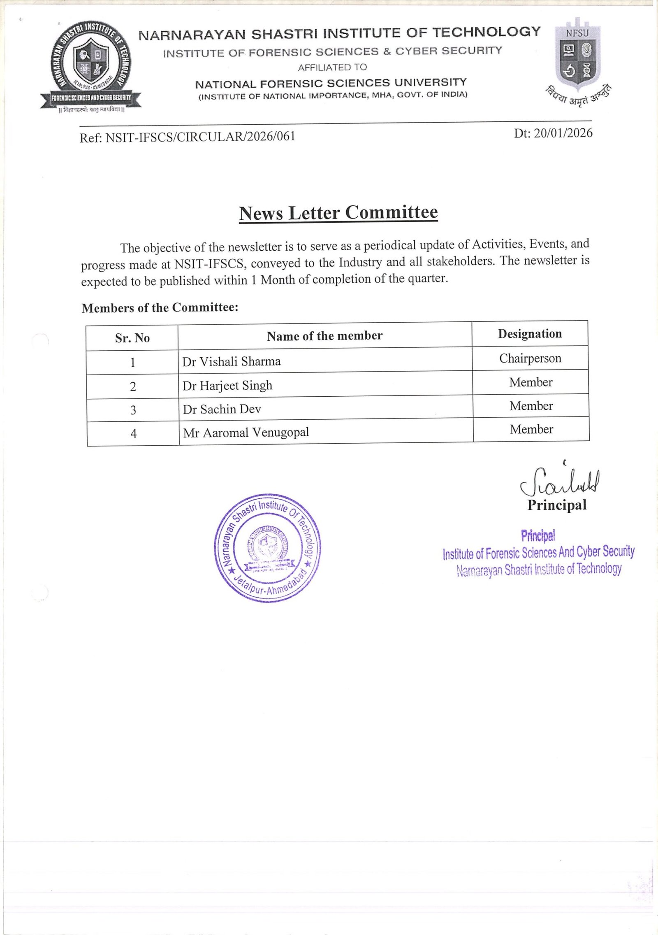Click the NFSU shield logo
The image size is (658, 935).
pos(577,56)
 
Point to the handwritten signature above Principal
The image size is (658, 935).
pos(560,481)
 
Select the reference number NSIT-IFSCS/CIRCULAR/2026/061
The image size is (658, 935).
pos(200,137)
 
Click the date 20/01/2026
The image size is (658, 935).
pos(563,133)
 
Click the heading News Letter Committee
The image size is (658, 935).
pos(338,213)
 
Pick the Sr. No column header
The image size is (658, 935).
pos(132,338)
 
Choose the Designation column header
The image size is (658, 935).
pos(530,334)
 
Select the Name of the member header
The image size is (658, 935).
pos(324,336)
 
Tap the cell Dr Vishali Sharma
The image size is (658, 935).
pos(232,362)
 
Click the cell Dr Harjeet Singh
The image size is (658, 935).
pos(227,386)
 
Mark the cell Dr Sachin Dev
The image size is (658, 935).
pos(222,409)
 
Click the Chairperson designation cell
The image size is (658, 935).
pos(530,358)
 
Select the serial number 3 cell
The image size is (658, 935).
pos(133,410)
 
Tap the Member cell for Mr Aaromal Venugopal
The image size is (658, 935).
pos(531,430)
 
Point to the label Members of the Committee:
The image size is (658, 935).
pos(160,308)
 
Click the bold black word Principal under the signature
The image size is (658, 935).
pos(557,505)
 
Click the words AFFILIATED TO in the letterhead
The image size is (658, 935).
pos(332,67)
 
